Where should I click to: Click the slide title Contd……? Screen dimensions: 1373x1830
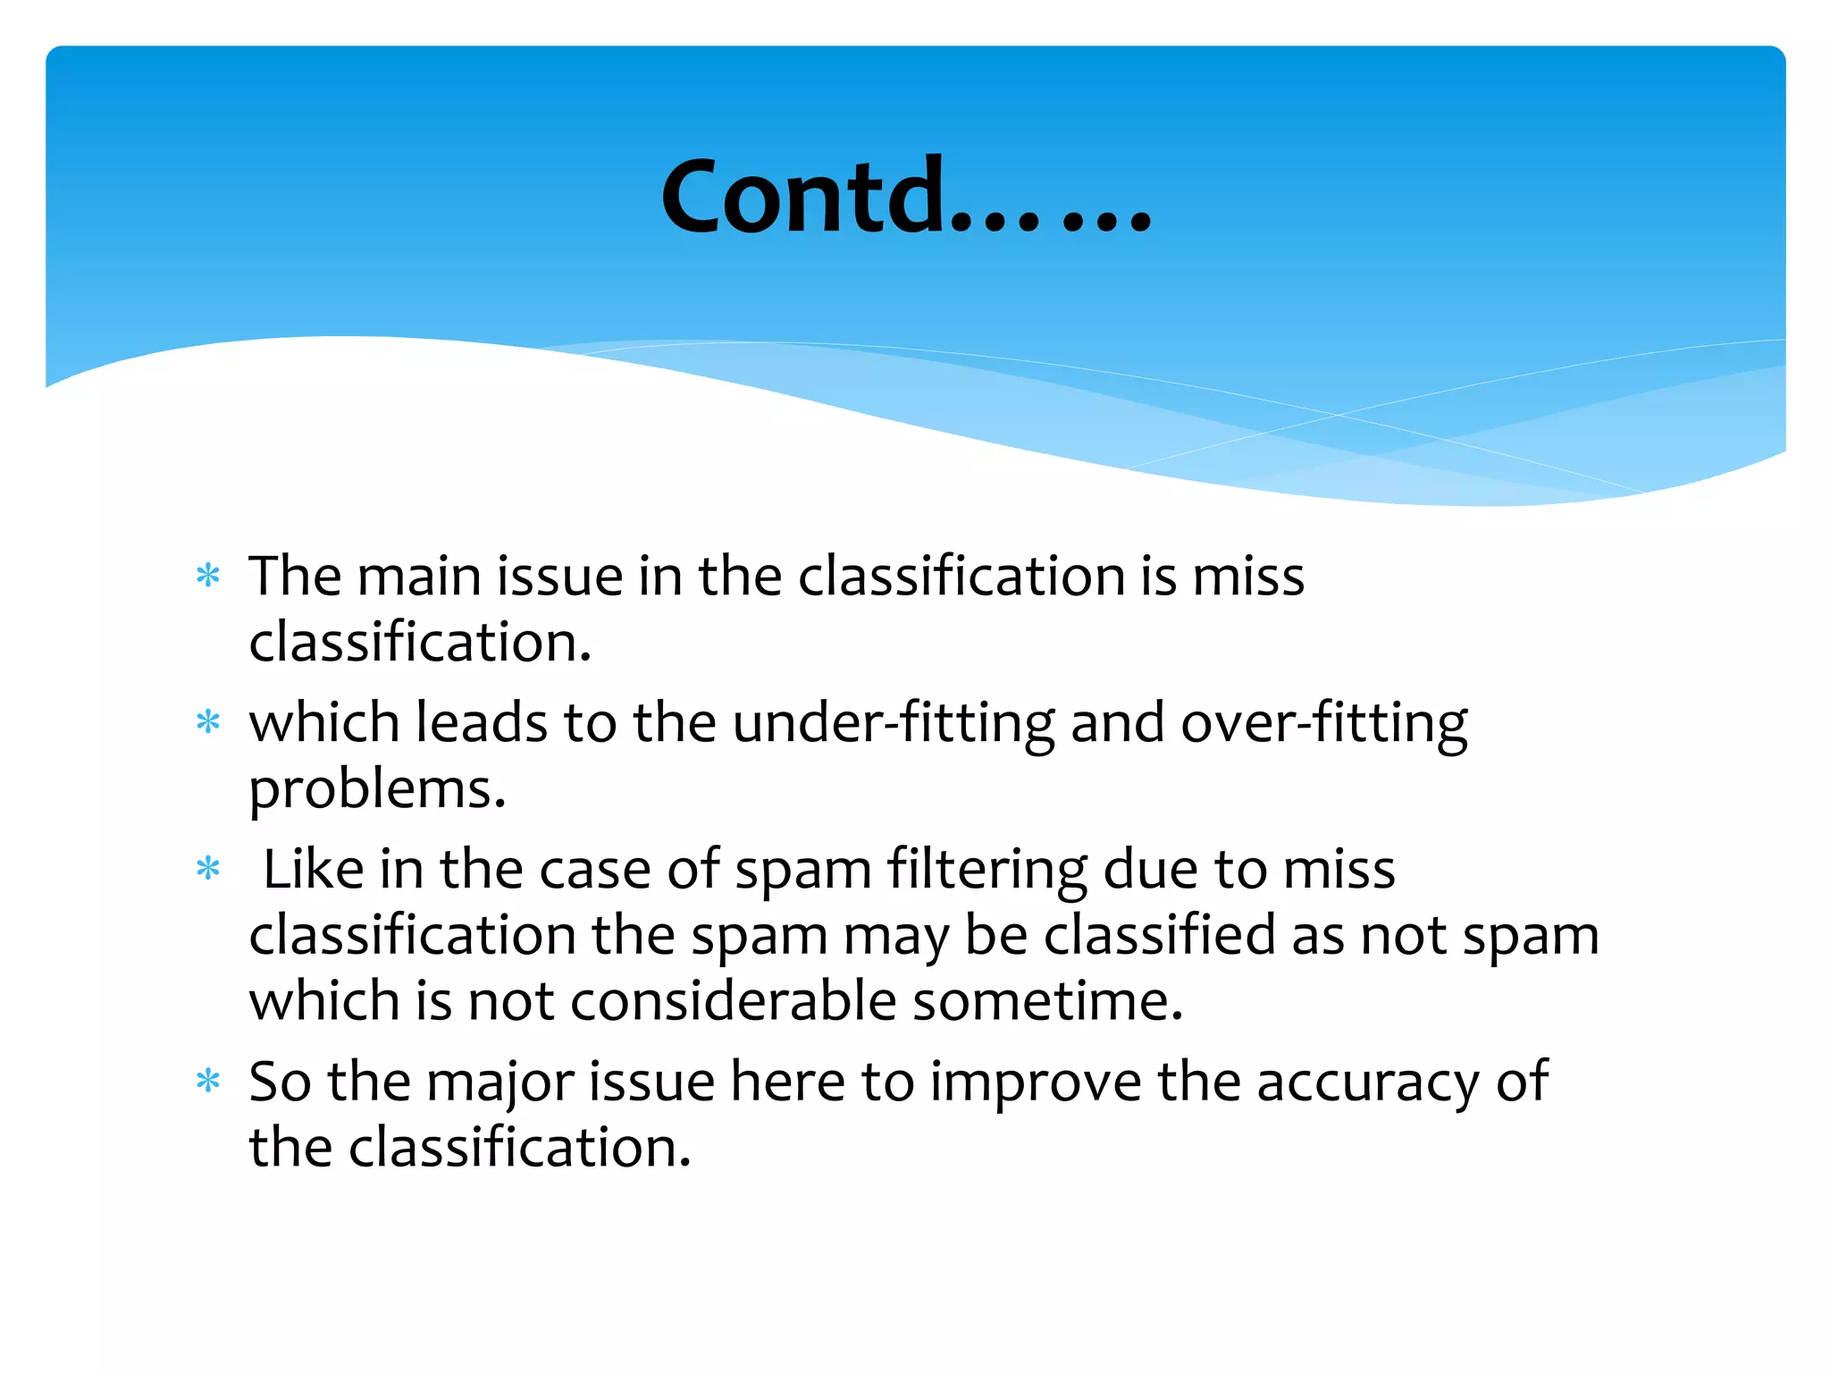[905, 197]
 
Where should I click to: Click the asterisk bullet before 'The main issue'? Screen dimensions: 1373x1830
[208, 576]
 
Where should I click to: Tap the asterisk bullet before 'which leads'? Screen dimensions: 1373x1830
[208, 721]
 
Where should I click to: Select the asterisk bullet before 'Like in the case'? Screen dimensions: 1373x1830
[208, 868]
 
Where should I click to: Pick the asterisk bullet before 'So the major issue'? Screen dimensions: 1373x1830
[208, 1082]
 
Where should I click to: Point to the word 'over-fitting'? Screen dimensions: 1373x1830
[1323, 722]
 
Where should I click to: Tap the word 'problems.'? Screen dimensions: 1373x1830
[377, 789]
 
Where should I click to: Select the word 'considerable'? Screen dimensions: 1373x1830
[733, 1000]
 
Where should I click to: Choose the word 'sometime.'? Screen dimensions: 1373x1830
[1047, 1000]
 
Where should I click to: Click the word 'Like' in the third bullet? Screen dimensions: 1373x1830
[314, 869]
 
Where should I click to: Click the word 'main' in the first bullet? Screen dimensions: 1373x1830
[418, 576]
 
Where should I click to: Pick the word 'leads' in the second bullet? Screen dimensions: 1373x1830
[481, 722]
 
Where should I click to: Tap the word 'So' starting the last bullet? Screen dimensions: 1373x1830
[280, 1082]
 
